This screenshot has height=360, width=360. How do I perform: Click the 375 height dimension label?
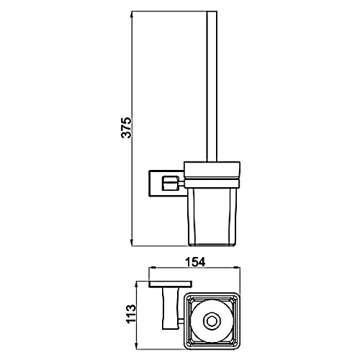[x=126, y=127]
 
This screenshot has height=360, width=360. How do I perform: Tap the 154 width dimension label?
[x=196, y=262]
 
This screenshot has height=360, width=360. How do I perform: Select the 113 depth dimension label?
[x=131, y=314]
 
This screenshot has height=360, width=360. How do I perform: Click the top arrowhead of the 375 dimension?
[x=131, y=14]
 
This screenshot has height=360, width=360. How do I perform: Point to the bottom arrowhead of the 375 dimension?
[x=131, y=243]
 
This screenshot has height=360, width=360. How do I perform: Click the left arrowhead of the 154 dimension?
[x=153, y=267]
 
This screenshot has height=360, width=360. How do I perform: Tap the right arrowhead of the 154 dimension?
[x=237, y=267]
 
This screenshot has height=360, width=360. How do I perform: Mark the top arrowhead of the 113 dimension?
[x=136, y=285]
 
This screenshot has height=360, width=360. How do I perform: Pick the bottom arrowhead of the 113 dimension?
[x=136, y=346]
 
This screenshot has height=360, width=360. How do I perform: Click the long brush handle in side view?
[x=212, y=86]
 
